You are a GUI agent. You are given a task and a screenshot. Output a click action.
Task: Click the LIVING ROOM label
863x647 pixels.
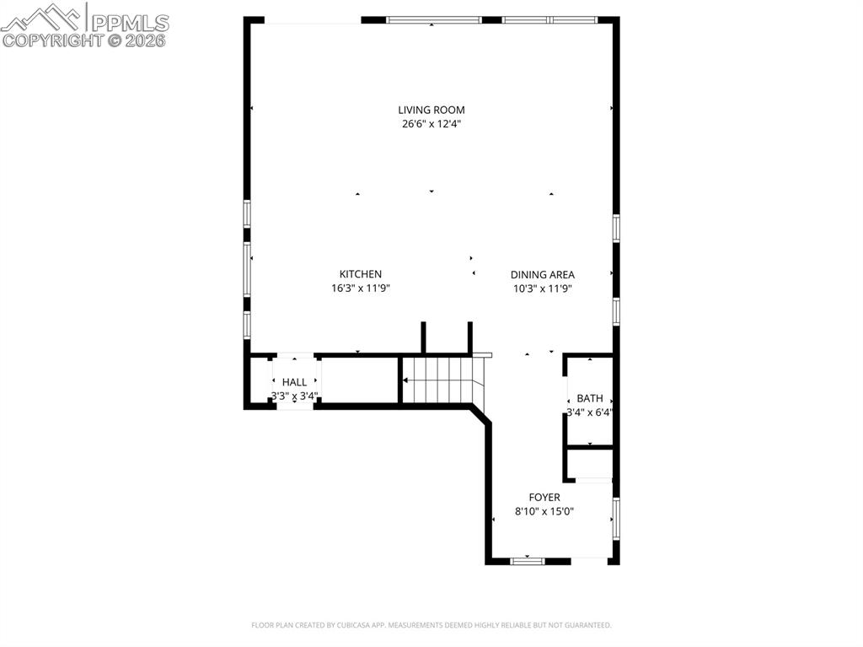pyautogui.click(x=431, y=110)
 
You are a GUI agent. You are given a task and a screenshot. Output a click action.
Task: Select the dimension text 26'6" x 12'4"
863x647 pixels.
pyautogui.click(x=431, y=124)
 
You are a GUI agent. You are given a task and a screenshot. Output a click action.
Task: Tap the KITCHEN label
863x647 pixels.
pyautogui.click(x=360, y=274)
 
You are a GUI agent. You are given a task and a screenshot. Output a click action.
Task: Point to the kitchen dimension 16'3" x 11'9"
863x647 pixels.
pyautogui.click(x=360, y=288)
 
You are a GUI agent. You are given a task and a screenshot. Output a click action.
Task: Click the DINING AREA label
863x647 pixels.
pyautogui.click(x=542, y=275)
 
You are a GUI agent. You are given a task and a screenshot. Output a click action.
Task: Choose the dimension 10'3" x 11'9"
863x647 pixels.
pyautogui.click(x=542, y=288)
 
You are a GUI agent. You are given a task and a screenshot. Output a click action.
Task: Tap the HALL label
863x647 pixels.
pyautogui.click(x=294, y=382)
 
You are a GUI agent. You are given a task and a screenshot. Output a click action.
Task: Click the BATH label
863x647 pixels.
pyautogui.click(x=589, y=398)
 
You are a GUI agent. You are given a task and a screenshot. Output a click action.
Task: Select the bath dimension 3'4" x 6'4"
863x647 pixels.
pyautogui.click(x=589, y=412)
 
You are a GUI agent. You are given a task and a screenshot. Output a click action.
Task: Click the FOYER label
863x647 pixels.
pyautogui.click(x=544, y=498)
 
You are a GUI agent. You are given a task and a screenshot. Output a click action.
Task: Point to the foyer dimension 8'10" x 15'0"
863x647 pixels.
pyautogui.click(x=544, y=511)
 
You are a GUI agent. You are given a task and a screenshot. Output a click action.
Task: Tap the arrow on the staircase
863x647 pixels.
pyautogui.click(x=406, y=380)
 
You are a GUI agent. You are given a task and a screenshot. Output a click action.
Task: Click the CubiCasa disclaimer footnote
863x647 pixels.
pyautogui.click(x=431, y=625)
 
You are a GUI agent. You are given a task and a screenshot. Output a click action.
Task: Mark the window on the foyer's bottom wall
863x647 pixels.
pyautogui.click(x=528, y=560)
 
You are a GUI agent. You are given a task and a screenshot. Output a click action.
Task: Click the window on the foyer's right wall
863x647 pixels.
pyautogui.click(x=616, y=519)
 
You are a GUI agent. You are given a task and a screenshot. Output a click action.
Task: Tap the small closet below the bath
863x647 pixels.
pyautogui.click(x=589, y=465)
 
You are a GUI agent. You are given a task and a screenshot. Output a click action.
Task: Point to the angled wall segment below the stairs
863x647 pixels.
pyautogui.click(x=480, y=415)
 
